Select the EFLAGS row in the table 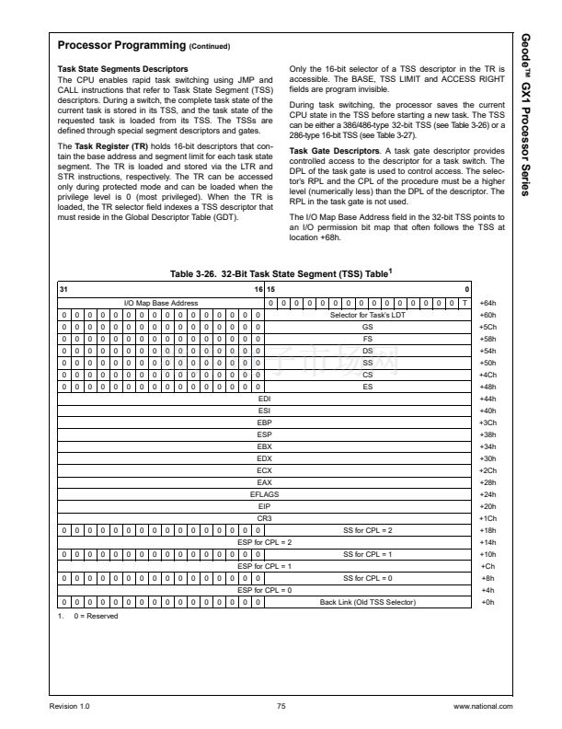click(265, 494)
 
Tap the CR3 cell click(265, 518)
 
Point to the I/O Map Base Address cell click(161, 302)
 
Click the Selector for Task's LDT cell click(367, 314)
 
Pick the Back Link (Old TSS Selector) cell click(367, 602)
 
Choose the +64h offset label click(487, 302)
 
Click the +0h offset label click(487, 602)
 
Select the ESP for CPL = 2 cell click(265, 542)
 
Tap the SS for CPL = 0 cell click(367, 578)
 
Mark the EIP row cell click(265, 506)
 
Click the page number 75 click(281, 705)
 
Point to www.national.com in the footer click(483, 705)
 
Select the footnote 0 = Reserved click(89, 616)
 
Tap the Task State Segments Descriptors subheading click(124, 69)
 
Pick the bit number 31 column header click(63, 289)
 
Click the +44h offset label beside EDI click(487, 399)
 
